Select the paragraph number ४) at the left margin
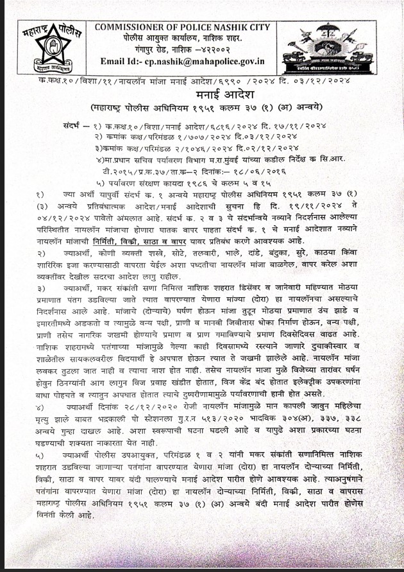coord(39,408)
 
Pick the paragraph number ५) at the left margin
coord(39,454)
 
